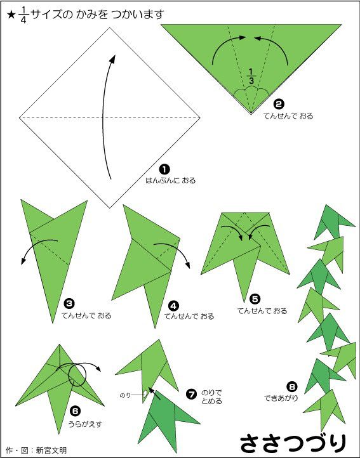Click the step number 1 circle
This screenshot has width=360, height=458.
pyautogui.click(x=164, y=169)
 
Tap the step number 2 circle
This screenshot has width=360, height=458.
pyautogui.click(x=279, y=104)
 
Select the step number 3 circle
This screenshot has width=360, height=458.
pyautogui.click(x=69, y=304)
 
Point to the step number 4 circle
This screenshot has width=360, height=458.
pyautogui.click(x=174, y=306)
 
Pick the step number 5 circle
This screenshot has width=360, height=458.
pyautogui.click(x=255, y=299)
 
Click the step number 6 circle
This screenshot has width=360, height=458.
pyautogui.click(x=75, y=411)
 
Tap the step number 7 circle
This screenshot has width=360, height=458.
pyautogui.click(x=191, y=395)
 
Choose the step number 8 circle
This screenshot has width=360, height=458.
pyautogui.click(x=292, y=387)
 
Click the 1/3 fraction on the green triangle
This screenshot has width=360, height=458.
pyautogui.click(x=251, y=76)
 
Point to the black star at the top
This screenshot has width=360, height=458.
pyautogui.click(x=11, y=15)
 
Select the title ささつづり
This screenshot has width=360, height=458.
pyautogui.click(x=293, y=443)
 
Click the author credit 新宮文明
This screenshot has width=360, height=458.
pyautogui.click(x=51, y=450)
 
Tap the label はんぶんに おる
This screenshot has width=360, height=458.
pyautogui.click(x=171, y=180)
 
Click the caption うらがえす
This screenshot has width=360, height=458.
pyautogui.click(x=85, y=424)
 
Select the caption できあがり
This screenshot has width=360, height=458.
pyautogui.click(x=281, y=398)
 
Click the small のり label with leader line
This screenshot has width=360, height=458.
pyautogui.click(x=125, y=395)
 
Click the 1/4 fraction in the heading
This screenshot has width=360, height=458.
pyautogui.click(x=23, y=15)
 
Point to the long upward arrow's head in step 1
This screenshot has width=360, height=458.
pyautogui.click(x=112, y=58)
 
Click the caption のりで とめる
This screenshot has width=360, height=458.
pyautogui.click(x=211, y=397)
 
